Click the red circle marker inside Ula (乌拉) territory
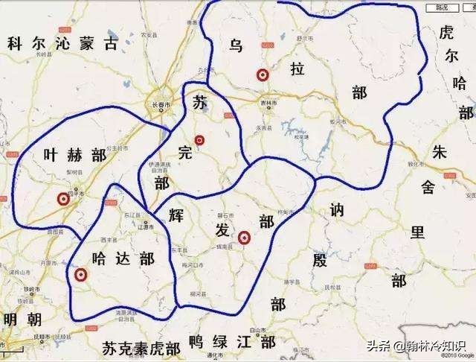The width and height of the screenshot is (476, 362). tap(262, 74)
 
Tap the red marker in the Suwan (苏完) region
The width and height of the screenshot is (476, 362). tap(199, 140)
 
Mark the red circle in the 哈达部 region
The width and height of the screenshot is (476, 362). tap(80, 275)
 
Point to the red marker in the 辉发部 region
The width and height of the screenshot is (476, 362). tap(243, 238)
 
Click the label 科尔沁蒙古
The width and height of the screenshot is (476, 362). tap(62, 44)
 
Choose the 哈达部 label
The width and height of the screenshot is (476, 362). tap(122, 258)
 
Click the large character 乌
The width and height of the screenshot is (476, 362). tap(237, 46)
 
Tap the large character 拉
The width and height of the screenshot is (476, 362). tap(297, 70)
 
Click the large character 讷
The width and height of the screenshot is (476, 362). tap(337, 212)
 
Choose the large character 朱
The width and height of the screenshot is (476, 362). tap(439, 152)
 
